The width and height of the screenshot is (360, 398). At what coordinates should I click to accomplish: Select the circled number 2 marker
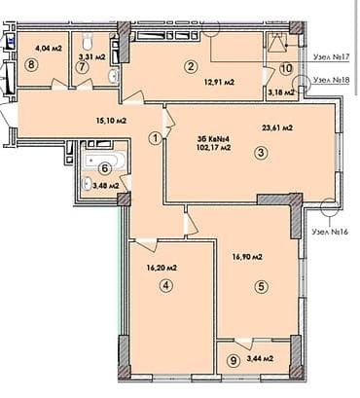coord(191,66)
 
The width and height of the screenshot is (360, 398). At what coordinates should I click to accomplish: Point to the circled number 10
coord(285,69)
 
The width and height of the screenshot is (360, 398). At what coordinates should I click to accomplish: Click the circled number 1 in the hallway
coord(155,138)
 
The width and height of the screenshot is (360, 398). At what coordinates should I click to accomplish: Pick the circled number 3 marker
coord(261,152)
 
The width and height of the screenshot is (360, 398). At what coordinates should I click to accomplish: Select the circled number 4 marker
coord(166,285)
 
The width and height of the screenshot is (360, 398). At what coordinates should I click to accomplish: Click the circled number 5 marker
coord(260,285)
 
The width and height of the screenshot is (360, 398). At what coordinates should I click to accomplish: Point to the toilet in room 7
coord(88,41)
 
